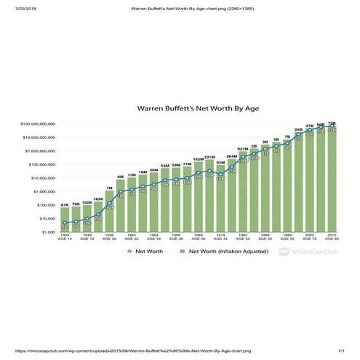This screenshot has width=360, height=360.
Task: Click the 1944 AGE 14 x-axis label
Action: pos(65,237)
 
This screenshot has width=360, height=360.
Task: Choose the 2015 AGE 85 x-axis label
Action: pos(332,237)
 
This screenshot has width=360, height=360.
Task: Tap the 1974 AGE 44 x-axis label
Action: pos(220,237)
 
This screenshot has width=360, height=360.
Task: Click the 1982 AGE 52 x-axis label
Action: pos(243,237)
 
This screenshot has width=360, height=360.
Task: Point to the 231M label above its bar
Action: pos(209,157)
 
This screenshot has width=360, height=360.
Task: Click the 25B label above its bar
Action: pos(298,129)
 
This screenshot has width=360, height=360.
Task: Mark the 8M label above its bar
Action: pos(121,177)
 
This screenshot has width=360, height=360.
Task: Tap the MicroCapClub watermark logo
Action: pos(305,251)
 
